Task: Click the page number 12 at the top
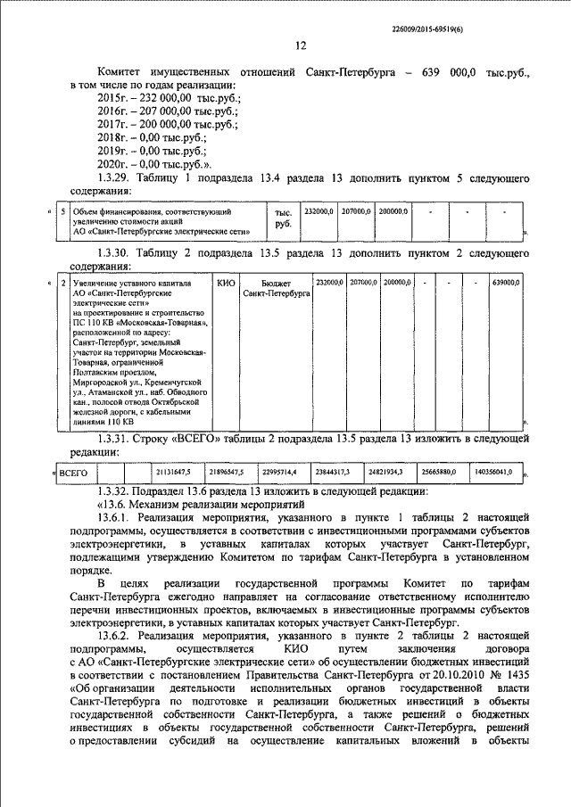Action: point(300,45)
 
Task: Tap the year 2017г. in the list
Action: point(113,125)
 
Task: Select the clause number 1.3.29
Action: point(120,179)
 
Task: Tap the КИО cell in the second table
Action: point(227,283)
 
